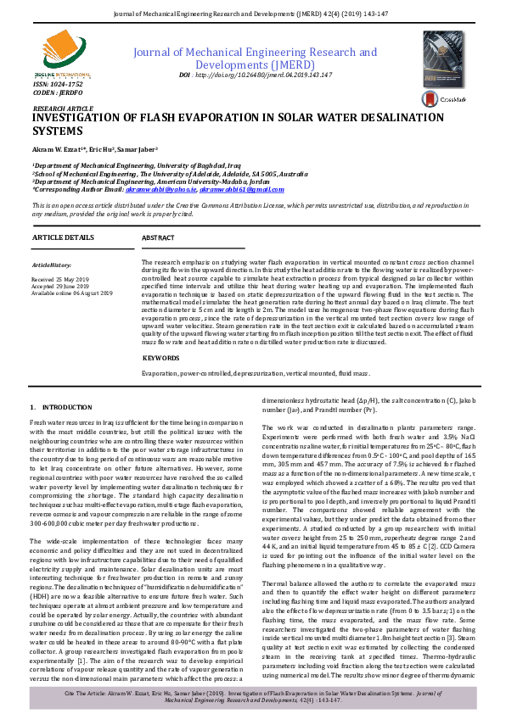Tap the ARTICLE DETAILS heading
[63, 239]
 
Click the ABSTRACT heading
[158, 239]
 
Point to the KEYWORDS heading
[161, 358]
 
